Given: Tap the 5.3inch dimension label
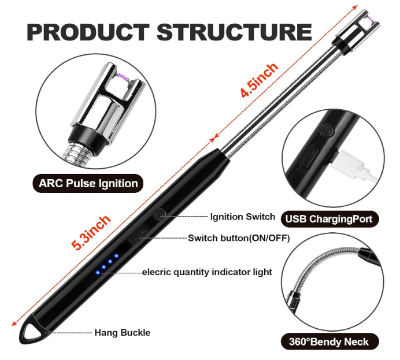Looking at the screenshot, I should pyautogui.click(x=91, y=232).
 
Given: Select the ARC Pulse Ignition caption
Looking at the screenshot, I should pyautogui.click(x=88, y=184).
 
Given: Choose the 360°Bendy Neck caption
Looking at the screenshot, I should pyautogui.click(x=328, y=341).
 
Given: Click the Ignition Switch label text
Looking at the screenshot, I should pyautogui.click(x=242, y=217).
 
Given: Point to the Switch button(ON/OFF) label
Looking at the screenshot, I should pyautogui.click(x=239, y=237).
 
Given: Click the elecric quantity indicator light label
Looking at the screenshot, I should pyautogui.click(x=207, y=272).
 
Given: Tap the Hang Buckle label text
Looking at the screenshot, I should pyautogui.click(x=122, y=332).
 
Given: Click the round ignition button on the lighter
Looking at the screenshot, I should pyautogui.click(x=160, y=214).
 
